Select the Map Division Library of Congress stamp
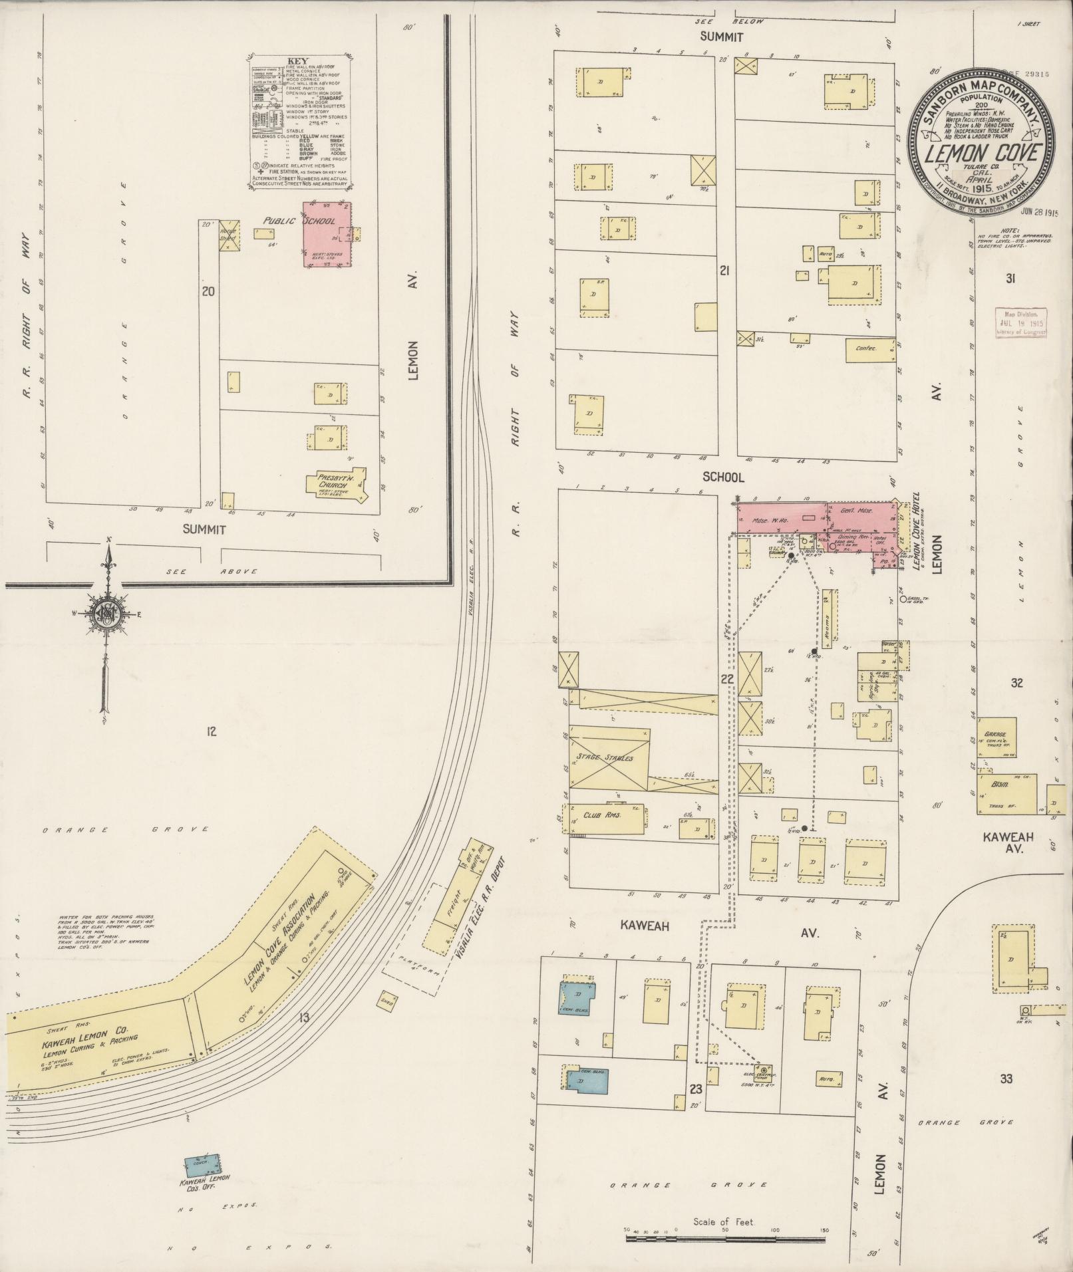(1020, 322)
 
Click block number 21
(725, 270)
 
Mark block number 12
(212, 732)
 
